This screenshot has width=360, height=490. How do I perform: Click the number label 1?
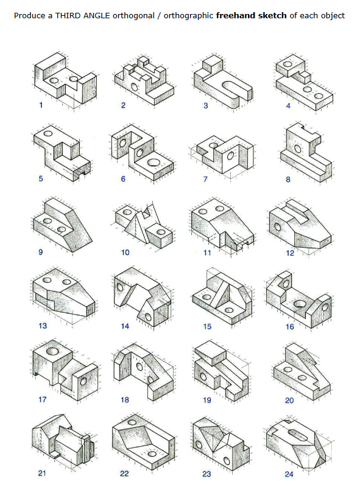click(41, 105)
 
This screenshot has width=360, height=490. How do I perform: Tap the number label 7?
click(206, 179)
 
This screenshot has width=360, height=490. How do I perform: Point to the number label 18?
click(125, 400)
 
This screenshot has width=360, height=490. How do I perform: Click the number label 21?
click(42, 474)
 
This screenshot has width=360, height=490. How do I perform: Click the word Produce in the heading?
click(28, 15)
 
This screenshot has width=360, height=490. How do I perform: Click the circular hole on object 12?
click(279, 226)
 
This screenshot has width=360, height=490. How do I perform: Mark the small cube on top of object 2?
click(144, 60)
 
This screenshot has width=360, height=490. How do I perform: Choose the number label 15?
click(207, 326)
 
